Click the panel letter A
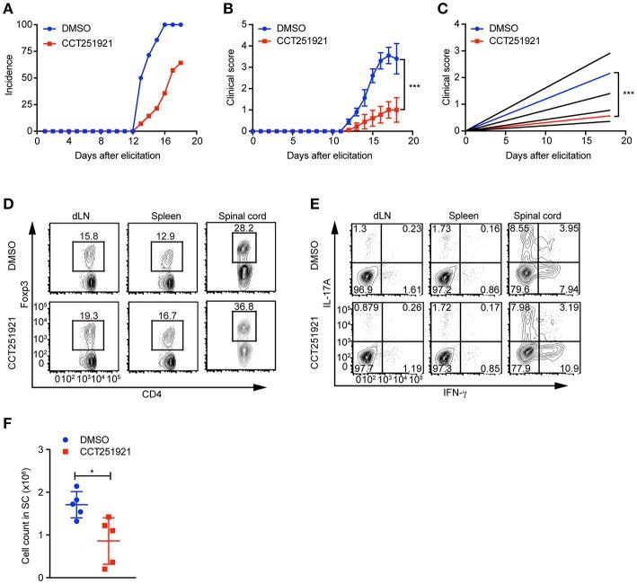[7, 8]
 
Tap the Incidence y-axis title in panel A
[7, 77]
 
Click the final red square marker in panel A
[181, 63]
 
